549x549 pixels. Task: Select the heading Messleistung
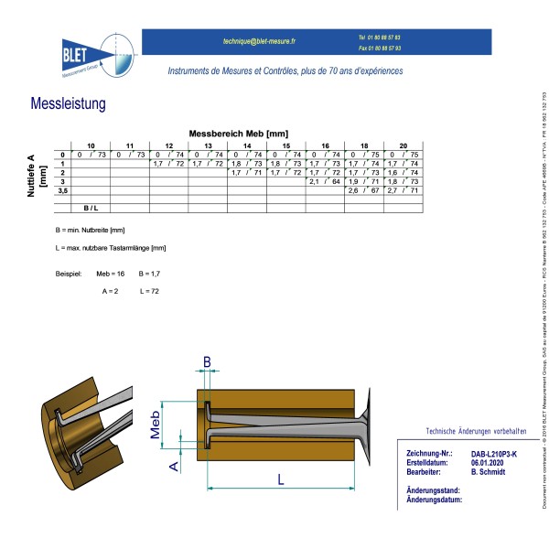(x=69, y=105)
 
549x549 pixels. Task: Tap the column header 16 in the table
(x=325, y=146)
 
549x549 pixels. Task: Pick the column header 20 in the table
(x=404, y=146)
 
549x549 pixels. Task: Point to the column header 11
(x=129, y=146)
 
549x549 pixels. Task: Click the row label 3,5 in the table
(x=63, y=190)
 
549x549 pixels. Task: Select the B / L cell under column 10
(x=91, y=209)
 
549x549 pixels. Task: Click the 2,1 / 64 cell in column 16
(x=325, y=181)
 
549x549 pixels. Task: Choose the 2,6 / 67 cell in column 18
(x=364, y=190)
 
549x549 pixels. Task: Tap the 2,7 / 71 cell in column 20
(x=404, y=190)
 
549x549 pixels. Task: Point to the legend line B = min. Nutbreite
(x=90, y=229)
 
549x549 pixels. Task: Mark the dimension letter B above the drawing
(x=207, y=362)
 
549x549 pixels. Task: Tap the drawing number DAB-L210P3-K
(x=494, y=454)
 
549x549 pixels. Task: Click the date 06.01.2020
(x=489, y=463)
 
